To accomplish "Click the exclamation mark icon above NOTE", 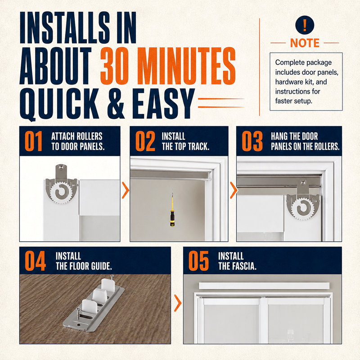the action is [305, 25].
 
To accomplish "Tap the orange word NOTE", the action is [305, 43].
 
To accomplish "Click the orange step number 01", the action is [33, 141].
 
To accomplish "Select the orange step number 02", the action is [145, 141].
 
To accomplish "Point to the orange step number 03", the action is [252, 141].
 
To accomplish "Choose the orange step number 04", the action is [35, 261].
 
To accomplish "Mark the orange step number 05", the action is [198, 261].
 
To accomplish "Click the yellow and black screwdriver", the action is [172, 208].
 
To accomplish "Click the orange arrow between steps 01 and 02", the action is [126, 190].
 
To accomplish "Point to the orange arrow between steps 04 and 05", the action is [178, 303].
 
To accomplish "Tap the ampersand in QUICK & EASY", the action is [116, 104].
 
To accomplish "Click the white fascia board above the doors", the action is [264, 286].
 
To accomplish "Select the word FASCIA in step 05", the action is [245, 266].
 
